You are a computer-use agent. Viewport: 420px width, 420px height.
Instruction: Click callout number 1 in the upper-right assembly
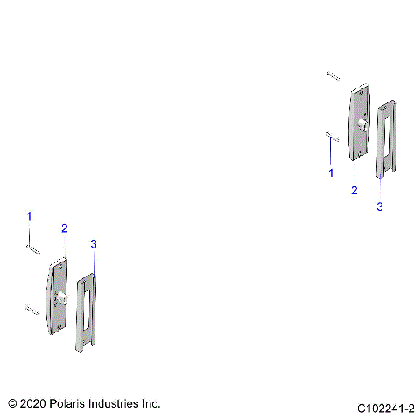pyautogui.click(x=331, y=173)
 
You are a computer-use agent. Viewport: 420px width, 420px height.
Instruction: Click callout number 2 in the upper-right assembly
pyautogui.click(x=353, y=189)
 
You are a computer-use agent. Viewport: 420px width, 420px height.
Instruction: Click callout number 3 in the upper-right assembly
pyautogui.click(x=379, y=206)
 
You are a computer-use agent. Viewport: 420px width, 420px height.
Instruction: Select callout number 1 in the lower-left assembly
pyautogui.click(x=29, y=215)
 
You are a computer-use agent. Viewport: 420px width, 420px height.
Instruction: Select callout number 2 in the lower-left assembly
pyautogui.click(x=64, y=227)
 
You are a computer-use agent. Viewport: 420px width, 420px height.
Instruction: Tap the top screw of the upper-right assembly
pyautogui.click(x=332, y=75)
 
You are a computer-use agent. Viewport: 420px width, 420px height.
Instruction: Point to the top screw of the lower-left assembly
pyautogui.click(x=32, y=249)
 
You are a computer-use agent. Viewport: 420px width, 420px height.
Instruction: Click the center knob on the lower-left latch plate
pyautogui.click(x=60, y=299)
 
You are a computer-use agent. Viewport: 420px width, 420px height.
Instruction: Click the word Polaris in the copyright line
pyautogui.click(x=72, y=403)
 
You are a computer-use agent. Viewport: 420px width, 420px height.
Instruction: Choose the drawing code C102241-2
pyautogui.click(x=385, y=409)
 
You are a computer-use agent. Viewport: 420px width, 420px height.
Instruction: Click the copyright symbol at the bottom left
pyautogui.click(x=12, y=403)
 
